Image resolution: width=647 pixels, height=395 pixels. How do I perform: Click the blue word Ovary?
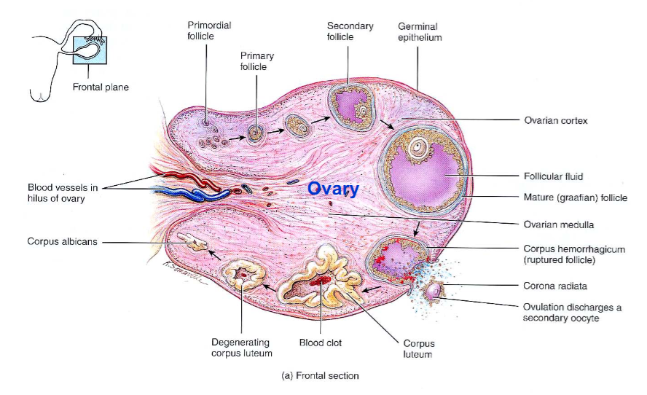coord(333,189)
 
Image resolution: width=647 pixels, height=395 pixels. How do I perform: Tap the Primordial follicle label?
coord(209,31)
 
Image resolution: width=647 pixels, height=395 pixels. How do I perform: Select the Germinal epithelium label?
coord(420,32)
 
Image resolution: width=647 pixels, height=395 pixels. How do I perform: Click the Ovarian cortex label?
coord(555,120)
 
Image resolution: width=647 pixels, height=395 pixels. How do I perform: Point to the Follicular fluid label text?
coord(553,176)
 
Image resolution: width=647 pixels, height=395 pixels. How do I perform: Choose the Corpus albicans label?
coord(63,241)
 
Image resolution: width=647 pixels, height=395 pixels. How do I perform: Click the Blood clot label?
coord(320,343)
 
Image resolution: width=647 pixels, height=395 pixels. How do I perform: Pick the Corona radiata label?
coord(555,286)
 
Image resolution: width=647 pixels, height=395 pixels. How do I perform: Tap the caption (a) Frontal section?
coord(320,375)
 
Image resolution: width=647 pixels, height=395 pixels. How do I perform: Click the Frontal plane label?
coord(101,87)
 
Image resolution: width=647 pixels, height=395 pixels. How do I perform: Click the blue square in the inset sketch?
coord(90,50)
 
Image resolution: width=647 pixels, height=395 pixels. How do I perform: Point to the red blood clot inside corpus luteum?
coord(321,281)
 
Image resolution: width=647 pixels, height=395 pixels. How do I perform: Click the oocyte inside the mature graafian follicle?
coord(418,146)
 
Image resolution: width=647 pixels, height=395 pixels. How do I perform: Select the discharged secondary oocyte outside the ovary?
coord(434,292)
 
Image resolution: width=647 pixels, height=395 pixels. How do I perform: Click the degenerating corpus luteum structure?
coord(244,275)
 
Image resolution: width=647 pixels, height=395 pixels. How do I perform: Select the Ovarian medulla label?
coord(559,225)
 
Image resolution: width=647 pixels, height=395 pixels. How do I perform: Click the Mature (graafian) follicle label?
coord(575,197)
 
